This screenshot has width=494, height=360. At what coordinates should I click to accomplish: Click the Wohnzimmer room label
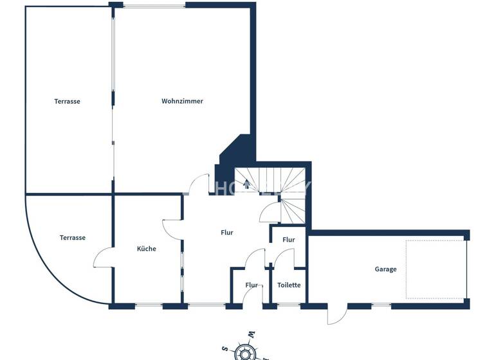(182, 101)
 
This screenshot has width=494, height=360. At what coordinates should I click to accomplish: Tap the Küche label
(147, 249)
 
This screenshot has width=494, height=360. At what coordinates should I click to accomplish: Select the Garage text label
(386, 269)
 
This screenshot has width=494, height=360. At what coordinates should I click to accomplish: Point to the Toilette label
(289, 285)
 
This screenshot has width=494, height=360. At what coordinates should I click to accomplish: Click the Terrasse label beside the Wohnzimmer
(67, 101)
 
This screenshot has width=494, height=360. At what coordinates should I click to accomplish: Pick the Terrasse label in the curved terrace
(73, 238)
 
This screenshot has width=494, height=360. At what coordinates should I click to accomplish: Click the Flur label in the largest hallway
(226, 233)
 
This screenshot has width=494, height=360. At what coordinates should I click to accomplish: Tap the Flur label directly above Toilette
(289, 240)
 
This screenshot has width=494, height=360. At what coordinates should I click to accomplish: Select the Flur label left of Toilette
(251, 285)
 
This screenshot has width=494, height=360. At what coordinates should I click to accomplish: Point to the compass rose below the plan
(244, 351)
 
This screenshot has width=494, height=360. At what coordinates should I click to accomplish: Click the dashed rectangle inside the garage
(435, 269)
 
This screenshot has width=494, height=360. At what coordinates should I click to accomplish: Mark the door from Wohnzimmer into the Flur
(198, 184)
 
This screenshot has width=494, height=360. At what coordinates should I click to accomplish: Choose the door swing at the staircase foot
(269, 212)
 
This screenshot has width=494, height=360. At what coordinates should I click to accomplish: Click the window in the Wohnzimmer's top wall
(155, 6)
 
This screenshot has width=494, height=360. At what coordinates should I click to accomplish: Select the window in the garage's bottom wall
(381, 305)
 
